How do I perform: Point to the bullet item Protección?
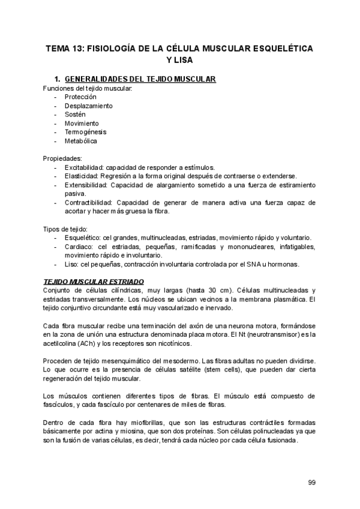[x=80, y=97]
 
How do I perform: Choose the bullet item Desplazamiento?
[x=88, y=106]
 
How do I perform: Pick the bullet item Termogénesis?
[x=86, y=132]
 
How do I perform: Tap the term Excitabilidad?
[x=85, y=167]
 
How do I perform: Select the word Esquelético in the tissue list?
[x=82, y=238]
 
